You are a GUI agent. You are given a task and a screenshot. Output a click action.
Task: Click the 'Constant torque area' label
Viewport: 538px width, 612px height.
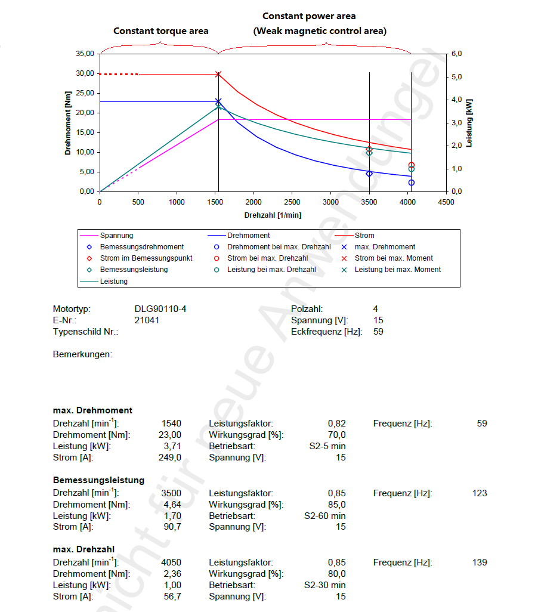161,30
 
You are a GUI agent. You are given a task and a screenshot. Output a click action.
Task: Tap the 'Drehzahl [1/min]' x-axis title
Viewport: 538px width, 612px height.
273,215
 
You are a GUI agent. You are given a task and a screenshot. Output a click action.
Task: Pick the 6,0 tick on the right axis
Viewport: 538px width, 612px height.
457,54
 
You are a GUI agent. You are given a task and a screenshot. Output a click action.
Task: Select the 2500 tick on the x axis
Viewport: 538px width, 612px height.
292,202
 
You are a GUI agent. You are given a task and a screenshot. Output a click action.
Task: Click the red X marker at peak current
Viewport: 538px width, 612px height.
218,75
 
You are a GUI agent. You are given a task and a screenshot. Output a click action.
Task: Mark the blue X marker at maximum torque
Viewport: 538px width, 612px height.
218,101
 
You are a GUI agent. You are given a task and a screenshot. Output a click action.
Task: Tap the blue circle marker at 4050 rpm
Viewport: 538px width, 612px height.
412,183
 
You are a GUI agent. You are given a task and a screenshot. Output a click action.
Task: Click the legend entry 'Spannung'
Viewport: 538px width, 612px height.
116,236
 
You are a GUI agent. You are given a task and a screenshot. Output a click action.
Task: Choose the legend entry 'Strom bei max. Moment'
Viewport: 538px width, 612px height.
394,258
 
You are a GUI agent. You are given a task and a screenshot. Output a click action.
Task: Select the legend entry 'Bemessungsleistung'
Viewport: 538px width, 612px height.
134,270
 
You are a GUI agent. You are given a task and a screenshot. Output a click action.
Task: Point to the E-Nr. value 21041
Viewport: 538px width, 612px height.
147,320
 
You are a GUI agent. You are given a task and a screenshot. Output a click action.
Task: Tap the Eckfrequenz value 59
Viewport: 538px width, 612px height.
378,332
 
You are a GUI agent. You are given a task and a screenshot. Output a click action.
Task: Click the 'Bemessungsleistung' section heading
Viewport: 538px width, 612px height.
98,480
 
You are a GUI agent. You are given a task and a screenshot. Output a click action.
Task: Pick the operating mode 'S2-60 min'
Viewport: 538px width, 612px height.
324,515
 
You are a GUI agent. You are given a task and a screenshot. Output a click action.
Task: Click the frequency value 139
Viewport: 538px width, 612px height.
479,562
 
